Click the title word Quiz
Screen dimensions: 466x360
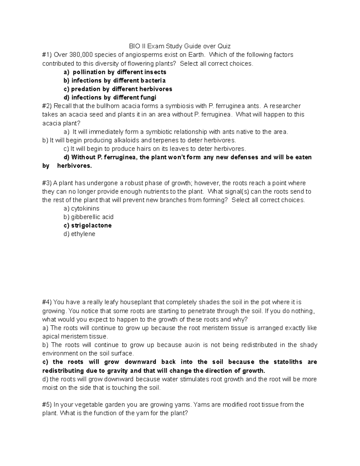click(224, 46)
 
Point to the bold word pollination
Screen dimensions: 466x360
click(89, 72)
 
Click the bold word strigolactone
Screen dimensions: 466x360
click(91, 226)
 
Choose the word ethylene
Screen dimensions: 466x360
click(83, 234)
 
